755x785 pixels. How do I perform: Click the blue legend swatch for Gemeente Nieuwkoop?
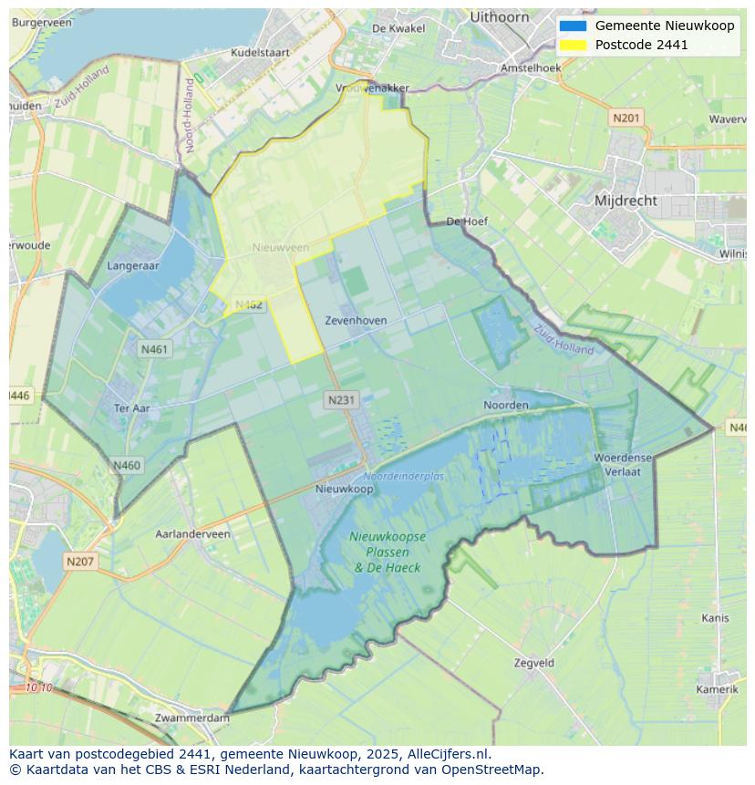[x=573, y=26]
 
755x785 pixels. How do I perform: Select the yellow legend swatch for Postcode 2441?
[x=573, y=45]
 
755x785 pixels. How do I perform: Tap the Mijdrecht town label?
[x=626, y=201]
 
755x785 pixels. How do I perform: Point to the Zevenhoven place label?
[x=356, y=321]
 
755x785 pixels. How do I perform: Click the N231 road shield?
[x=341, y=399]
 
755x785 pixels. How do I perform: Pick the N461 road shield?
[x=154, y=348]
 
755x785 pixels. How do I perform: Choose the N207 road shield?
[x=80, y=562]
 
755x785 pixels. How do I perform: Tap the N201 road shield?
[x=626, y=118]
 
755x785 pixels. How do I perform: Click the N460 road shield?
[x=127, y=466]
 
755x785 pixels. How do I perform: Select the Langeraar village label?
[x=133, y=266]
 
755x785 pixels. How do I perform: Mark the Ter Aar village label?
[x=131, y=408]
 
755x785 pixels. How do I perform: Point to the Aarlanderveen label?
[x=192, y=534]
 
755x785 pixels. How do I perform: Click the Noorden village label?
[x=506, y=405]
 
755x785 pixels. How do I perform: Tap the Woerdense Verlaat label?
[x=624, y=464]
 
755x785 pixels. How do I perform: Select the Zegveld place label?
[x=533, y=663]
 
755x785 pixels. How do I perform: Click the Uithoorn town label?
[x=500, y=16]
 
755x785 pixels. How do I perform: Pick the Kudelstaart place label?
[x=260, y=53]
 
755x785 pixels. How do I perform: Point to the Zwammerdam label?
[x=192, y=718]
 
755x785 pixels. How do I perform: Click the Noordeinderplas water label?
[x=404, y=477]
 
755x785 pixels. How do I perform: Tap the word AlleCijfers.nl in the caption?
[x=450, y=755]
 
